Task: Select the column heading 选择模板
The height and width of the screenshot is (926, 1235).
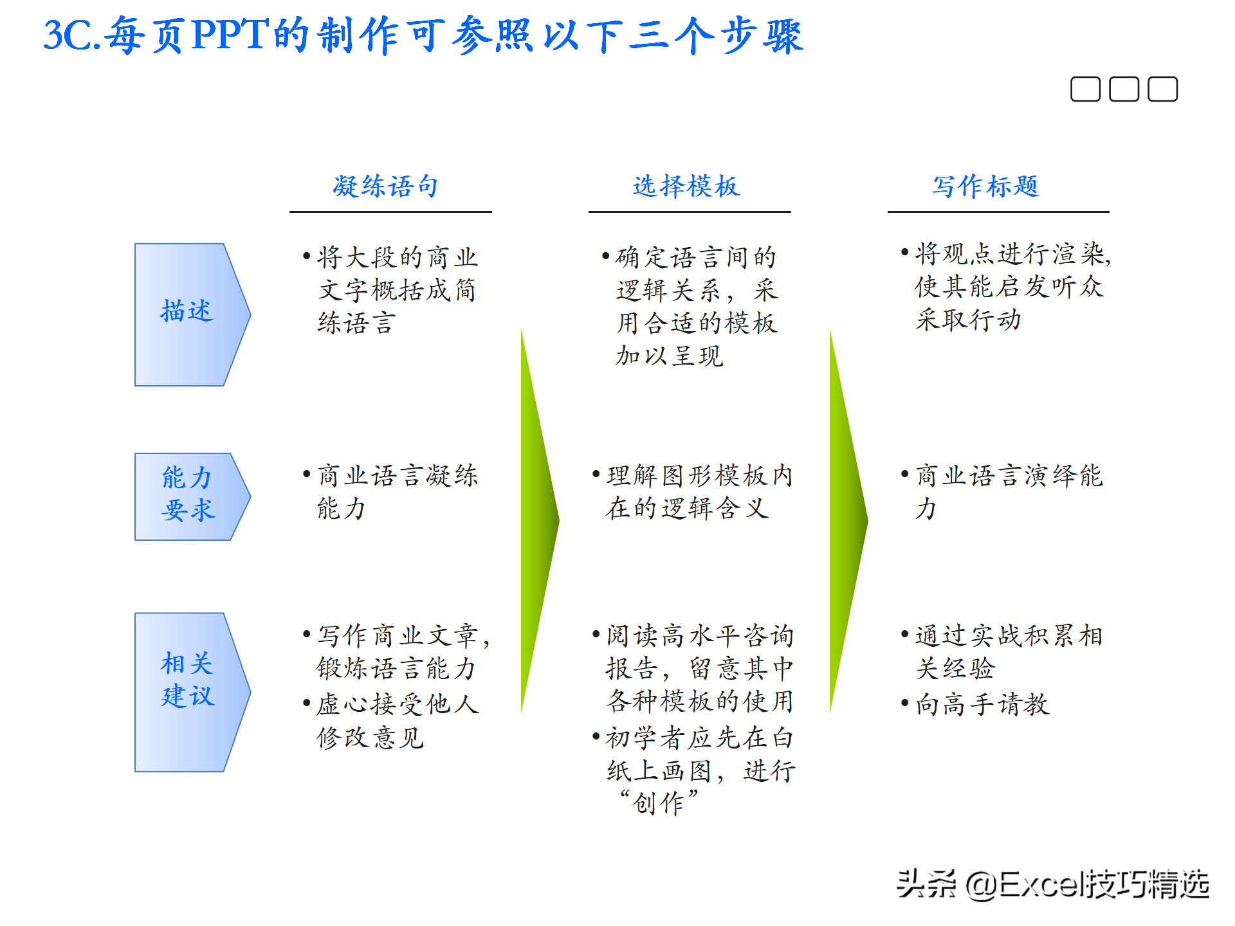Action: click(686, 186)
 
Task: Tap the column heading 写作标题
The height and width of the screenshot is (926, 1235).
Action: click(986, 186)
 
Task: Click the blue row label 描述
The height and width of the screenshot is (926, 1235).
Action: click(187, 312)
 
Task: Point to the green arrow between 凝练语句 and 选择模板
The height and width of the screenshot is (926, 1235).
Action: click(538, 521)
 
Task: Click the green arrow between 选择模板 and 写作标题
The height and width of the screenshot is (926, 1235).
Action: click(846, 521)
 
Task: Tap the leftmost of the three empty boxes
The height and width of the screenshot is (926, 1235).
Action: click(1085, 89)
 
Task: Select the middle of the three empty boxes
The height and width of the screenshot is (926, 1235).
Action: click(1124, 89)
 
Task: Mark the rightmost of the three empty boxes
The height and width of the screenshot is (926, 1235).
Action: click(1162, 89)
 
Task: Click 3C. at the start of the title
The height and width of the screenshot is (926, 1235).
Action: click(72, 35)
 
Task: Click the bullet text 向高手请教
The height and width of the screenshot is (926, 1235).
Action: click(982, 704)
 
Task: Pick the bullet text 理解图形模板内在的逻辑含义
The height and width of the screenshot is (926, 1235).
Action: click(698, 492)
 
